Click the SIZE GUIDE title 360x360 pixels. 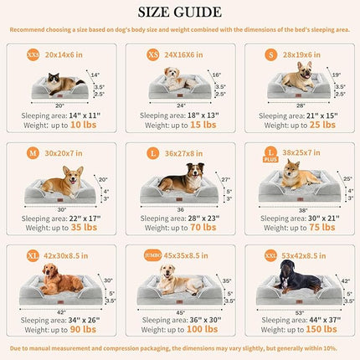pos(180,13)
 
